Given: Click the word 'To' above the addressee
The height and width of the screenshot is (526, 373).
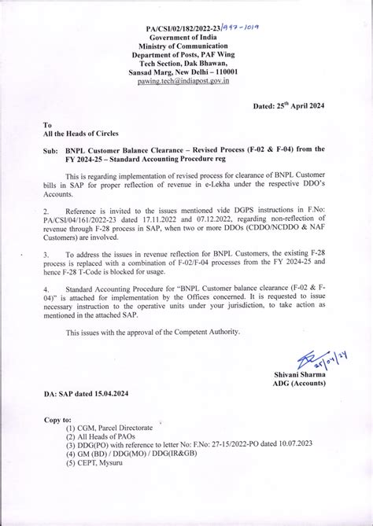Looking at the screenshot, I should coord(47,124).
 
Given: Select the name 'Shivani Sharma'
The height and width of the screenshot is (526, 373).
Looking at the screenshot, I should coord(304,375).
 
